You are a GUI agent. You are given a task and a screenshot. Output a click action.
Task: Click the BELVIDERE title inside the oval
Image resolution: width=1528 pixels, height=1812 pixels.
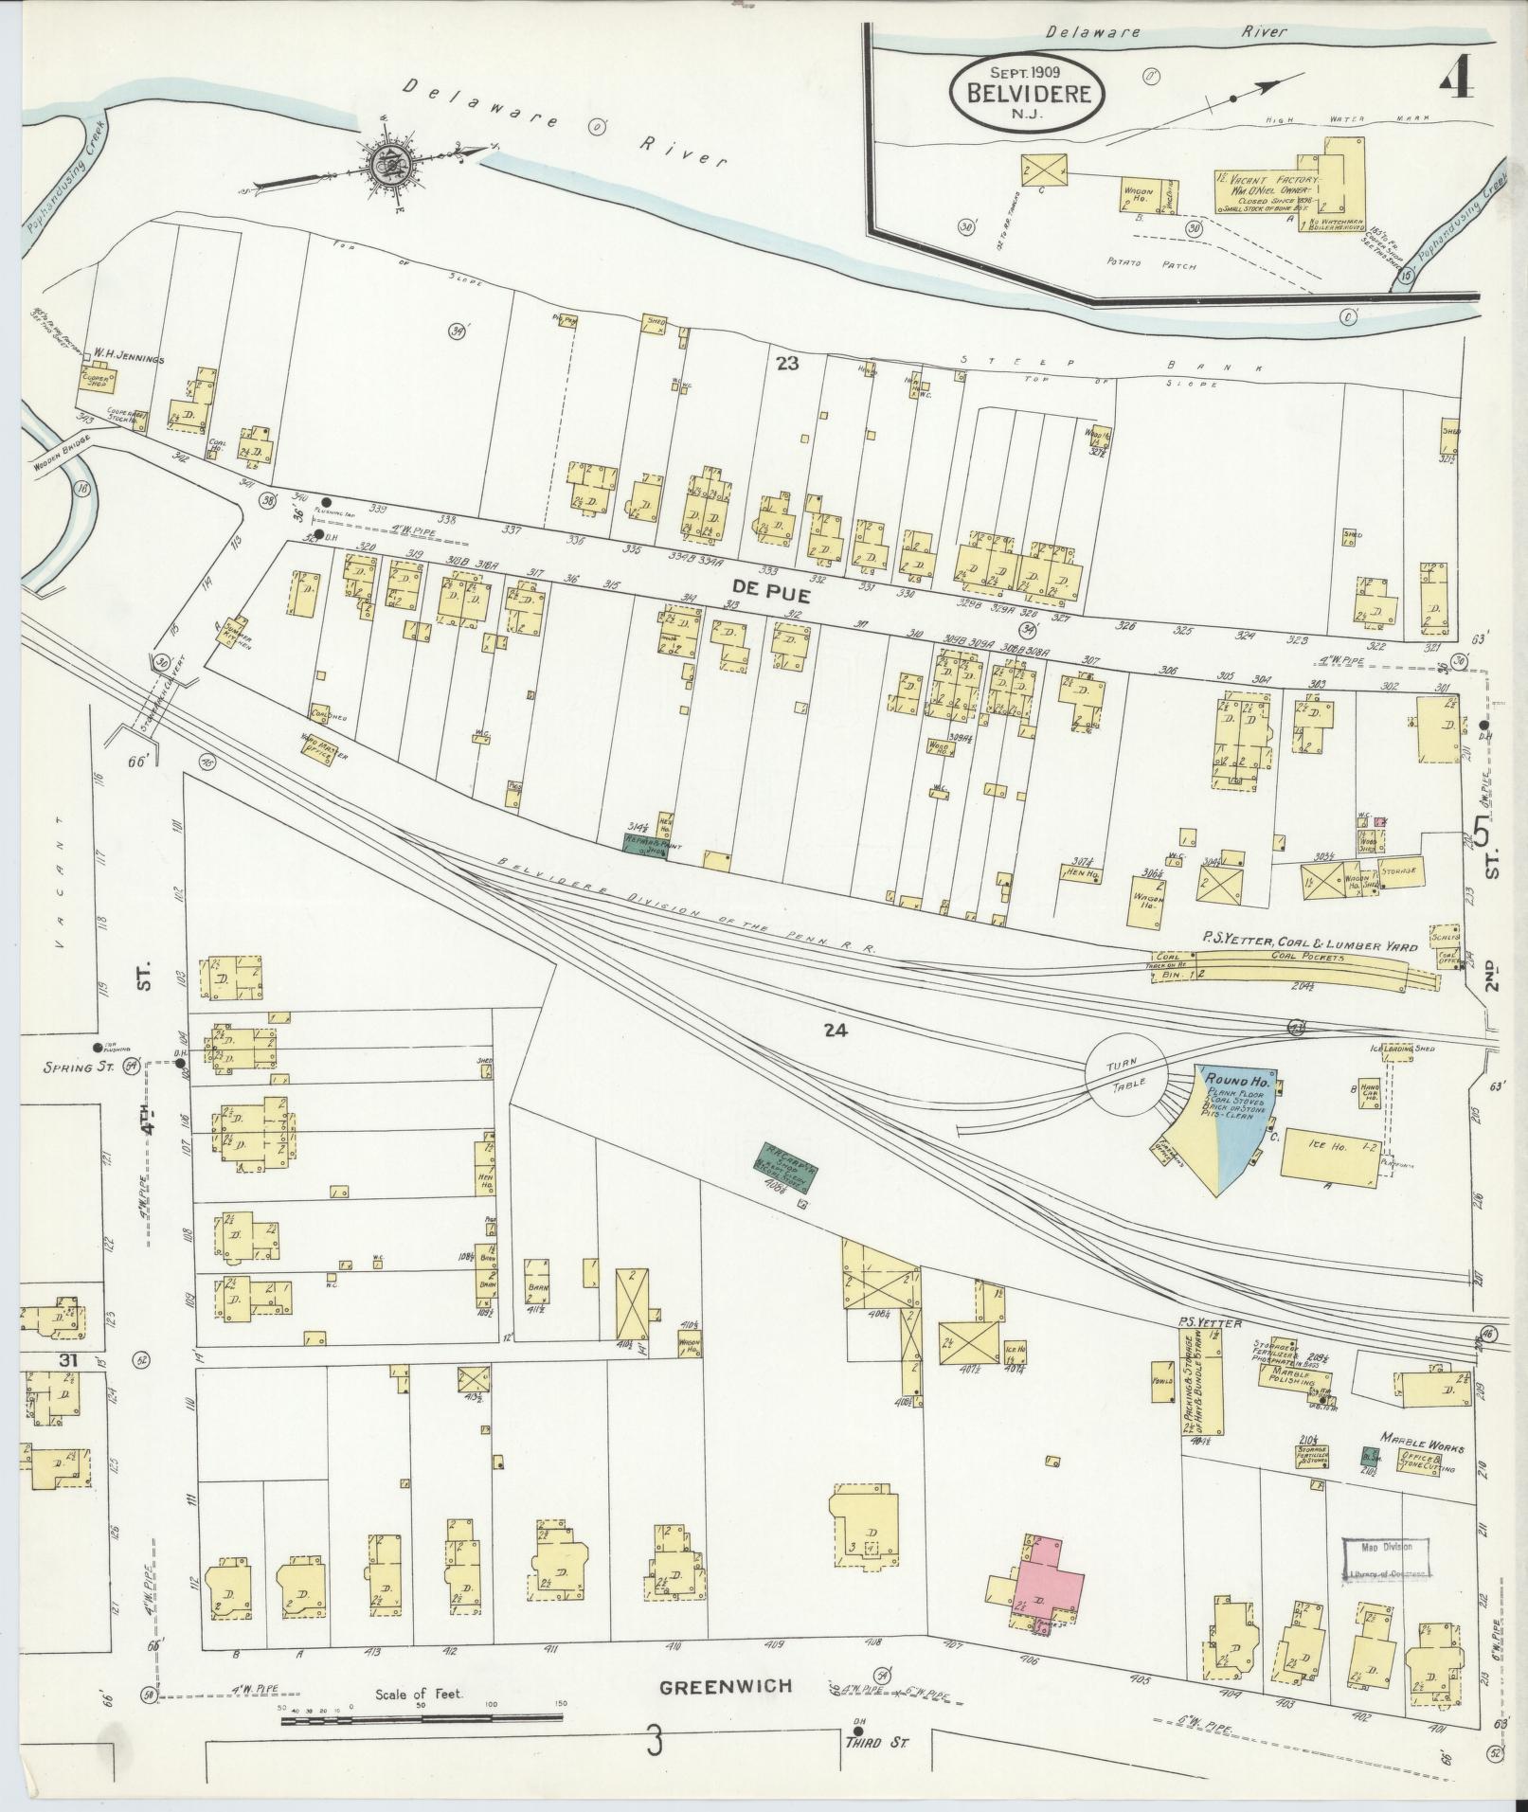click(1035, 94)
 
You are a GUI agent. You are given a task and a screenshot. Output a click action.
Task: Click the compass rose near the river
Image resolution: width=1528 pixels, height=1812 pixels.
click(386, 163)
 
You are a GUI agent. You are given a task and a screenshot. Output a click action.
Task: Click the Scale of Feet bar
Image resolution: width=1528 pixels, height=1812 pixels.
click(421, 1715)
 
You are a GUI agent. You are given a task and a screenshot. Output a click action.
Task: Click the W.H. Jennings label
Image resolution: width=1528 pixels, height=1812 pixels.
click(128, 359)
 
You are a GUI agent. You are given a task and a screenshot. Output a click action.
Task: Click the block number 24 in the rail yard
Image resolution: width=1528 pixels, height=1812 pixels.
click(834, 1032)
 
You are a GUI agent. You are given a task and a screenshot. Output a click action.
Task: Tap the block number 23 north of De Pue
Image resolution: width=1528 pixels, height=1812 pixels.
click(787, 363)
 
